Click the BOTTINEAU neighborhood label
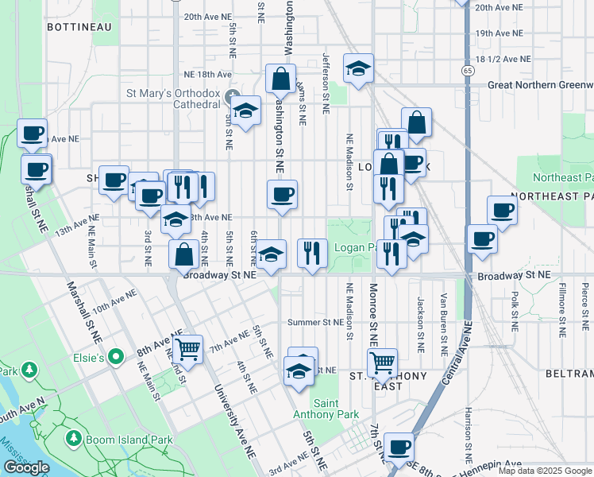(79, 27)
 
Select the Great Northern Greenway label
(540, 84)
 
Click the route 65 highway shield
(468, 71)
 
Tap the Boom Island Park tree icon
(74, 439)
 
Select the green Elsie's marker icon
(116, 357)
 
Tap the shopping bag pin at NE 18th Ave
(280, 79)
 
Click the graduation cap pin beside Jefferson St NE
(358, 68)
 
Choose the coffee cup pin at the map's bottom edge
(399, 447)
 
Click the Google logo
(26, 467)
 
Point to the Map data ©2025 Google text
(545, 471)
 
